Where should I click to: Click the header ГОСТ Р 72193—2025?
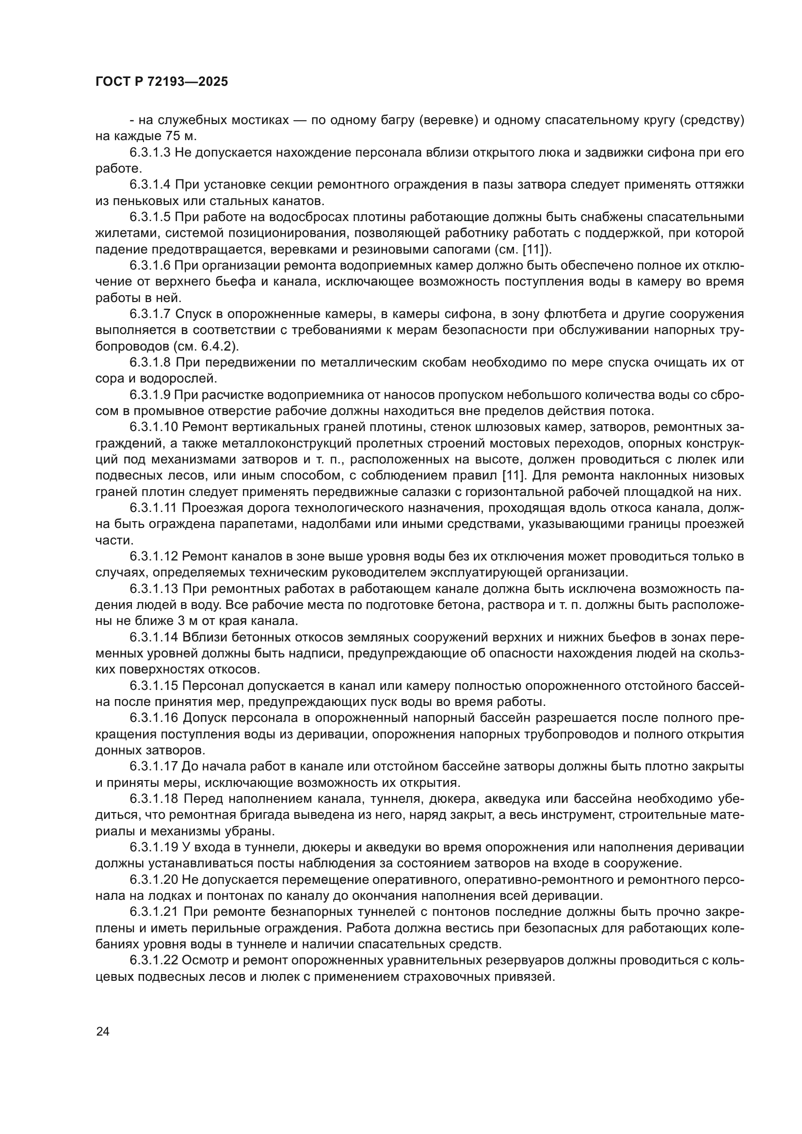(161, 82)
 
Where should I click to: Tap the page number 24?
(103, 1031)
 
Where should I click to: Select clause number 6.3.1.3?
(150, 153)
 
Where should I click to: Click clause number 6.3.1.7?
(150, 314)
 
